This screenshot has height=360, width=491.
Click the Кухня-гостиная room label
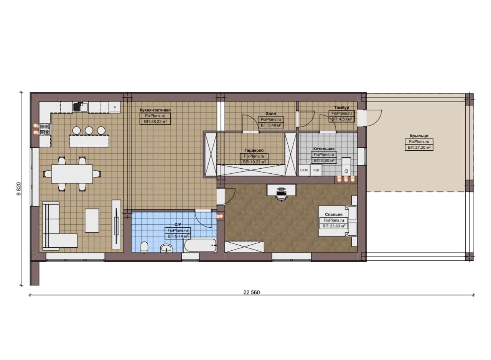click(x=155, y=110)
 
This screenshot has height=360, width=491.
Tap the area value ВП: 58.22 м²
click(x=155, y=122)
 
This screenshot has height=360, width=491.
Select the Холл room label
click(x=271, y=113)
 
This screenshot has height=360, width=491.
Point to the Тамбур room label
click(x=341, y=107)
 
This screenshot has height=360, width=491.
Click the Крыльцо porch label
click(x=419, y=136)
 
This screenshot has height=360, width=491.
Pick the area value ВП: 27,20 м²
click(x=419, y=147)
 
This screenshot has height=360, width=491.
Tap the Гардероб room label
click(x=254, y=150)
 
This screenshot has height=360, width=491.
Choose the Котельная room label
click(x=324, y=149)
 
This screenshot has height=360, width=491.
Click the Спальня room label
click(x=334, y=214)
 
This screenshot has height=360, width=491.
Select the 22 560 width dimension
click(x=251, y=293)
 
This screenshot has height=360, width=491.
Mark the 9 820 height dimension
click(x=19, y=189)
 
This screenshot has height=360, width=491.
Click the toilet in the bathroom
click(x=144, y=247)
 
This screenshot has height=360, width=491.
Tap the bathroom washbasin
click(x=166, y=248)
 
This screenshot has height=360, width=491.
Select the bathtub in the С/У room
click(x=200, y=245)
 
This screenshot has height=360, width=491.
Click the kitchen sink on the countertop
click(x=81, y=107)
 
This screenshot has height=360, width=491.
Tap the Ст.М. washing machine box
click(x=305, y=170)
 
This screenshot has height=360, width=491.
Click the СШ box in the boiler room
click(x=316, y=170)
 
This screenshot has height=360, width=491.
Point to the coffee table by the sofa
click(x=92, y=220)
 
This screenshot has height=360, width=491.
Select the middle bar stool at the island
click(x=89, y=131)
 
